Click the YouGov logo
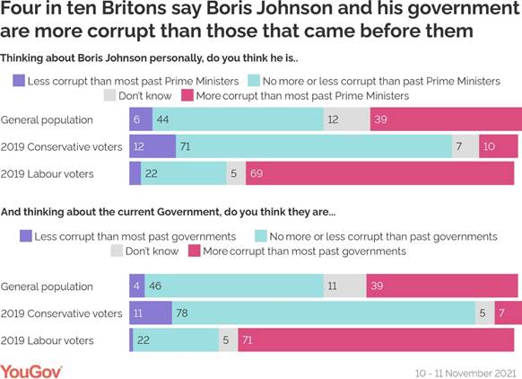pos(30,368)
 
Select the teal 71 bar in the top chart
pos(314,146)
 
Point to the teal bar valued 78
pos(323,313)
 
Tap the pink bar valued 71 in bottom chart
pos(378,340)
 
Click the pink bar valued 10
pos(499,146)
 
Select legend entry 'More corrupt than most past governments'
pos(296,251)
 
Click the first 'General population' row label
pos(47,119)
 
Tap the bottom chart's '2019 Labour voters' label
pos(50,340)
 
